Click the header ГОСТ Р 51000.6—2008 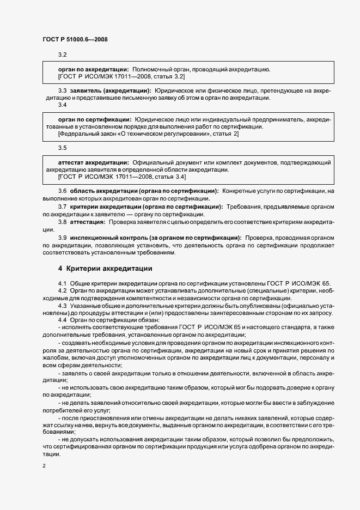pos(71,40)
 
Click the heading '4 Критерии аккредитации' pos(105,269)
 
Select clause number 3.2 pos(62,55)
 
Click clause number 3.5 pos(62,147)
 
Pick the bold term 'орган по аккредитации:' pos(93,70)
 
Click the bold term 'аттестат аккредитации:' pos(93,162)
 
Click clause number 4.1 pos(62,284)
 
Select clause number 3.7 pos(62,207)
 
